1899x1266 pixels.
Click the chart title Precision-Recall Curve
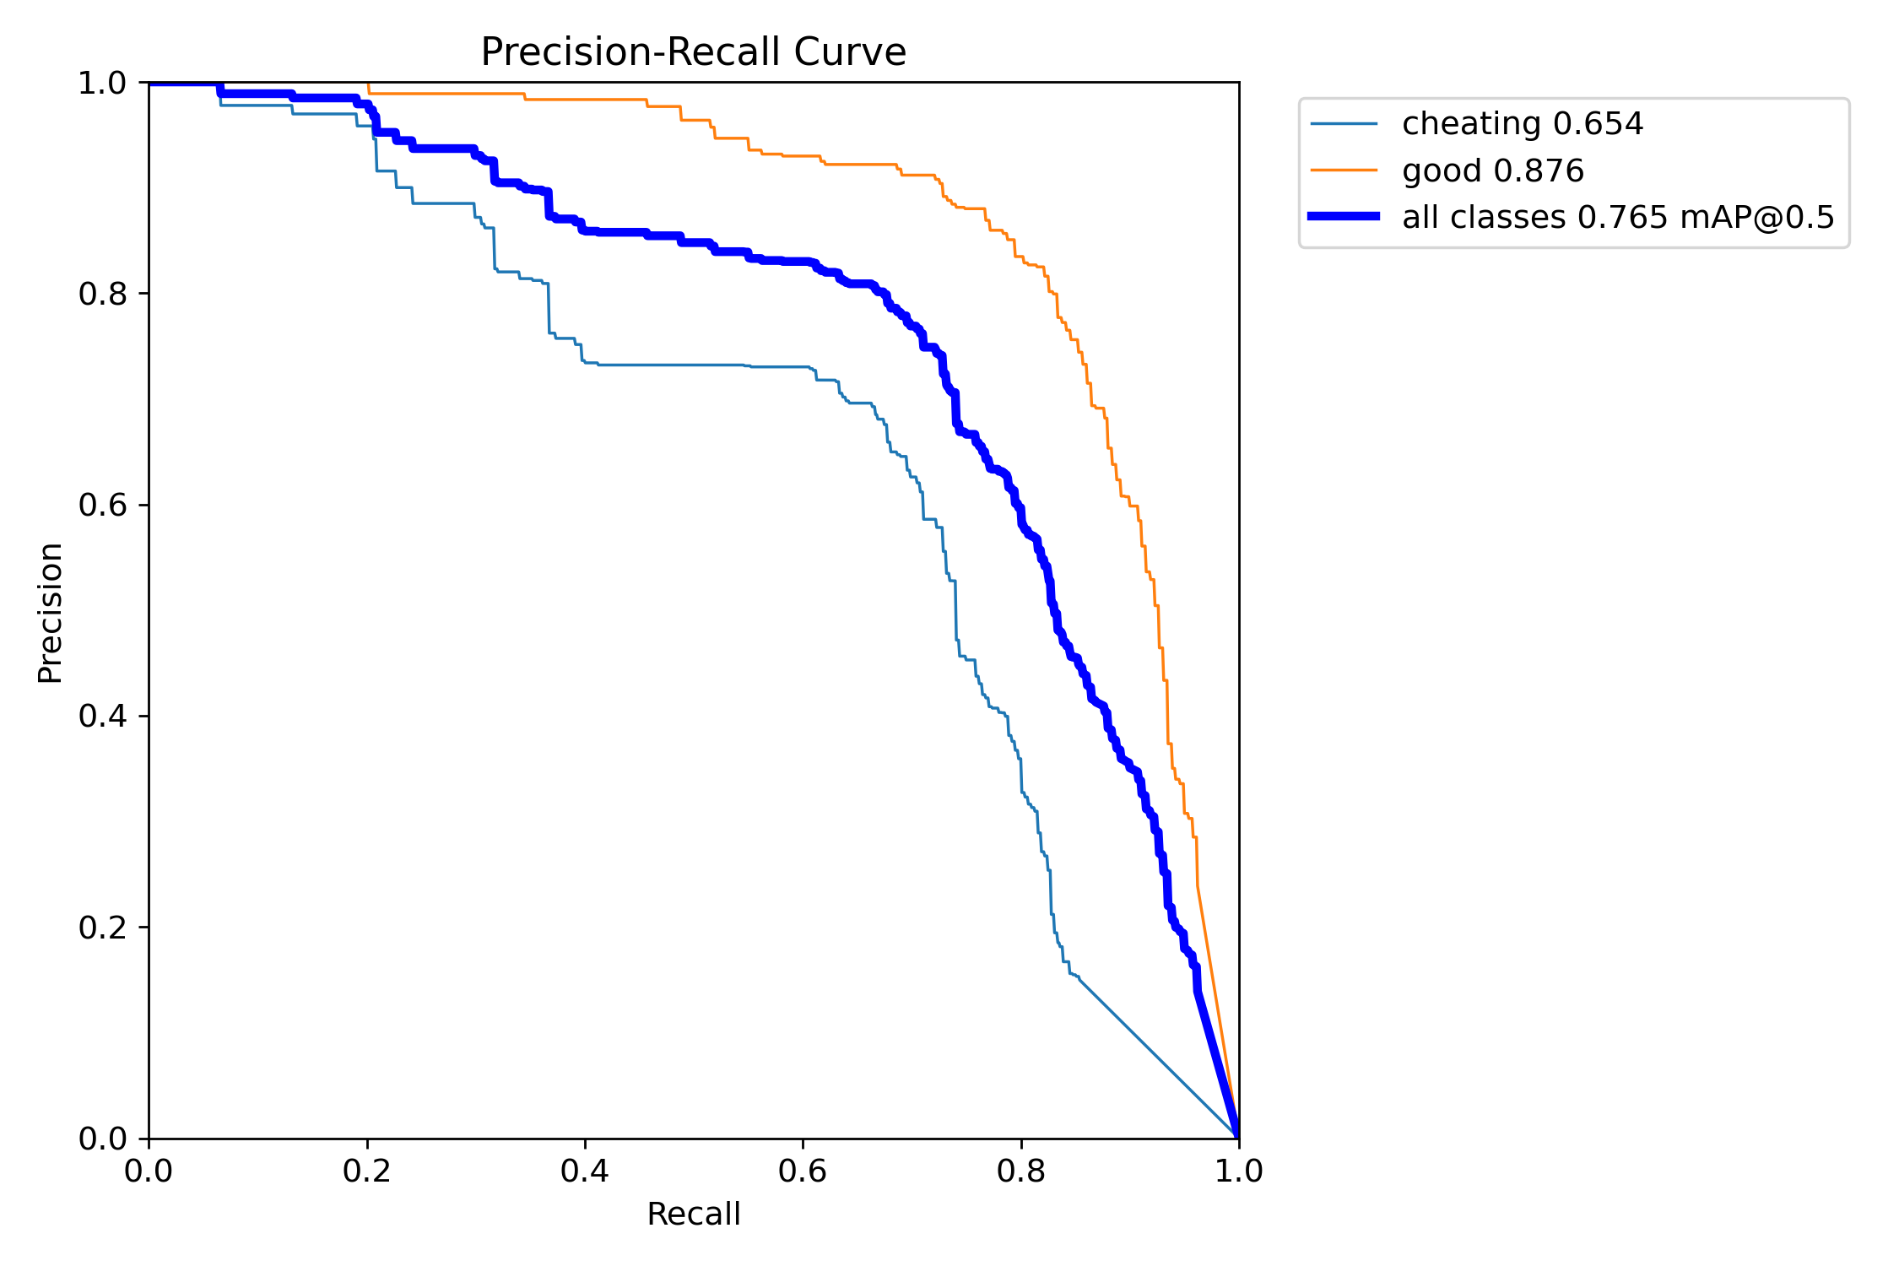click(x=693, y=52)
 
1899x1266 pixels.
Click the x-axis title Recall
click(x=693, y=1214)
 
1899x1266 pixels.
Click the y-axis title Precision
click(x=51, y=612)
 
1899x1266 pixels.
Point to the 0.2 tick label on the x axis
click(x=367, y=1171)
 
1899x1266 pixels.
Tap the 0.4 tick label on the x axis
click(x=585, y=1171)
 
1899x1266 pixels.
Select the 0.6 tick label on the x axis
click(x=803, y=1171)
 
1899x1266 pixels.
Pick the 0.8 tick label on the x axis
click(x=1020, y=1171)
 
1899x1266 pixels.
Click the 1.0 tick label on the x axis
click(x=1238, y=1171)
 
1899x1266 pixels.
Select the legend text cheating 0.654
click(x=1523, y=124)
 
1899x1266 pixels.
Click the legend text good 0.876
click(x=1493, y=170)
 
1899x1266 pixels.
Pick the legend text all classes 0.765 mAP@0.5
click(x=1618, y=217)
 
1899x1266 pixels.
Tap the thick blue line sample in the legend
click(x=1344, y=217)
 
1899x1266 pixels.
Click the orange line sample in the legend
click(x=1344, y=170)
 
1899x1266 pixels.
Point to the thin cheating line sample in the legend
click(x=1344, y=124)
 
